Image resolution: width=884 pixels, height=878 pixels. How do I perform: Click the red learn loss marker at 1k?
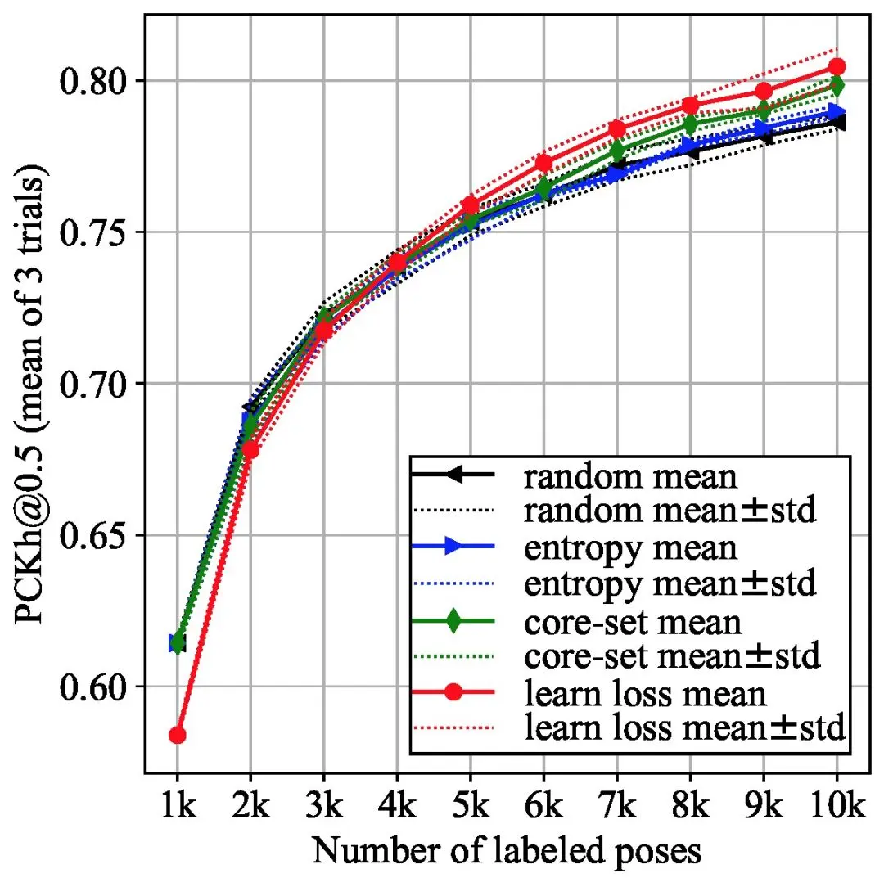coord(177,735)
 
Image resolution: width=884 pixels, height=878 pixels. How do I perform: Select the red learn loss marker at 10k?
coord(837,66)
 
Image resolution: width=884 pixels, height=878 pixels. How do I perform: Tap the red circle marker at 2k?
coord(250,449)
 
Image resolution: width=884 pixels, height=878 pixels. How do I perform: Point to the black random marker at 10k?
coord(837,123)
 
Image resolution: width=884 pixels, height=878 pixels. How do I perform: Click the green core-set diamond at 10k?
coord(837,85)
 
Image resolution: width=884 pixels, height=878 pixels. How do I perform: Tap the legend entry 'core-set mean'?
coord(633,621)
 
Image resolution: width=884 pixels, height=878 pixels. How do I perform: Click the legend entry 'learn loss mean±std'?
coord(684,726)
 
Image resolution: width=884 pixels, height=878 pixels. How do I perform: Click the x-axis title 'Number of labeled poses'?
coord(507,851)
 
